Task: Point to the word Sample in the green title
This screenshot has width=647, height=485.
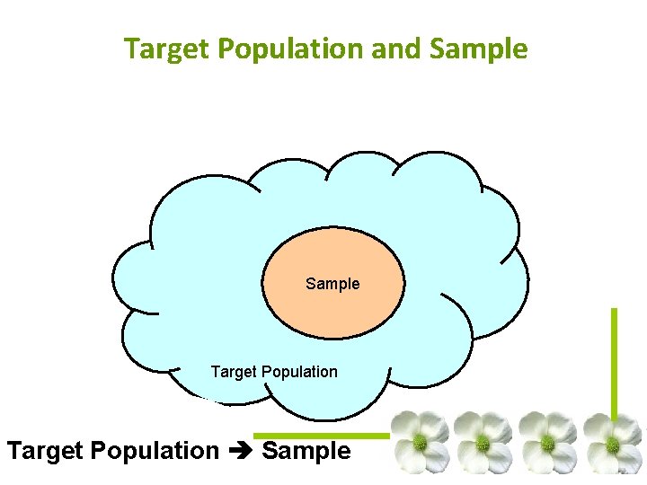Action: (479, 48)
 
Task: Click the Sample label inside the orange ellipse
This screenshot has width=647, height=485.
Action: (332, 284)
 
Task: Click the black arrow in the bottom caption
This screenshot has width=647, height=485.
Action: (240, 451)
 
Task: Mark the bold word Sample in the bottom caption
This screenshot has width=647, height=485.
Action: (306, 451)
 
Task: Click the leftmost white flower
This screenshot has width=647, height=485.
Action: (419, 443)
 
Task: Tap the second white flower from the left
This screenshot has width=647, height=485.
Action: (483, 443)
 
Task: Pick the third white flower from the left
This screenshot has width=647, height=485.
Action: (547, 443)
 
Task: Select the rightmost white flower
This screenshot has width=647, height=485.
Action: (613, 443)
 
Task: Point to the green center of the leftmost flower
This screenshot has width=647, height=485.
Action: (419, 442)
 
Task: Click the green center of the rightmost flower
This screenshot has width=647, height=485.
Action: (613, 444)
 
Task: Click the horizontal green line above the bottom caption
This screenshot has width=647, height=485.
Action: (323, 436)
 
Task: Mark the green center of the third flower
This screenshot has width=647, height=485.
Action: (547, 443)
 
